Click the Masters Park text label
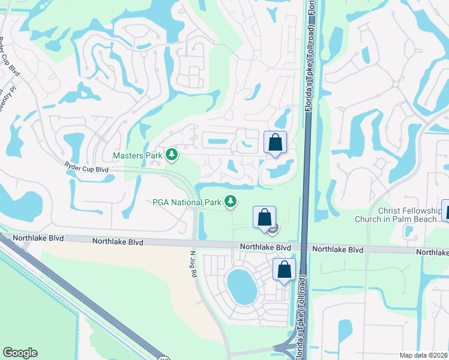coord(138,156)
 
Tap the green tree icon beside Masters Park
coord(172,155)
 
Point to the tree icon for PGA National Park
coord(230,202)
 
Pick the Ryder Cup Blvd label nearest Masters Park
coord(86,170)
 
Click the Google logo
coord(20,353)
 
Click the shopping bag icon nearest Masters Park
coord(275,143)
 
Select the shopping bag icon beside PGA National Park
coord(264,218)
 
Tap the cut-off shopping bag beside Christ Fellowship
coord(445,211)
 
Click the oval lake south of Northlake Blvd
coord(241,286)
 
